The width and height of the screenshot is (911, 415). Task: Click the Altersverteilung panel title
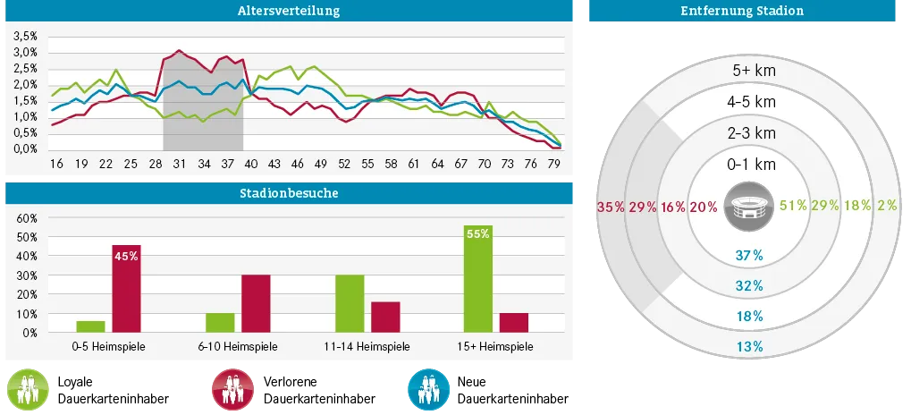tap(288, 12)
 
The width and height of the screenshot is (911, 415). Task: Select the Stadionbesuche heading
tap(288, 193)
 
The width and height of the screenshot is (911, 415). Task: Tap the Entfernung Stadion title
tap(741, 12)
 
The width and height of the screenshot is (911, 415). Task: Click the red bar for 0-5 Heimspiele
tap(126, 289)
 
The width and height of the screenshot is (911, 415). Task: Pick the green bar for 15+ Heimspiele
tap(478, 279)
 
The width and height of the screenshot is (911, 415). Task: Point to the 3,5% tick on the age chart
tap(24, 37)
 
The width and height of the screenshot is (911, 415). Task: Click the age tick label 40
tap(250, 165)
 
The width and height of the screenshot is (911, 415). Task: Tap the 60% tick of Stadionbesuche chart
tap(26, 218)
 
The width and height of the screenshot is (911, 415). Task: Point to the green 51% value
tap(793, 206)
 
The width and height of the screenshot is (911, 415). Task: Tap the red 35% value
tap(611, 207)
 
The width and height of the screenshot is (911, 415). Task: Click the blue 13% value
tap(749, 346)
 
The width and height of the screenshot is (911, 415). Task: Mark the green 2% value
tap(887, 206)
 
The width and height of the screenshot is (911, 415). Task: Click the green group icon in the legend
tap(27, 391)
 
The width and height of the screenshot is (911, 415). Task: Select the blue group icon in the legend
tap(426, 391)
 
